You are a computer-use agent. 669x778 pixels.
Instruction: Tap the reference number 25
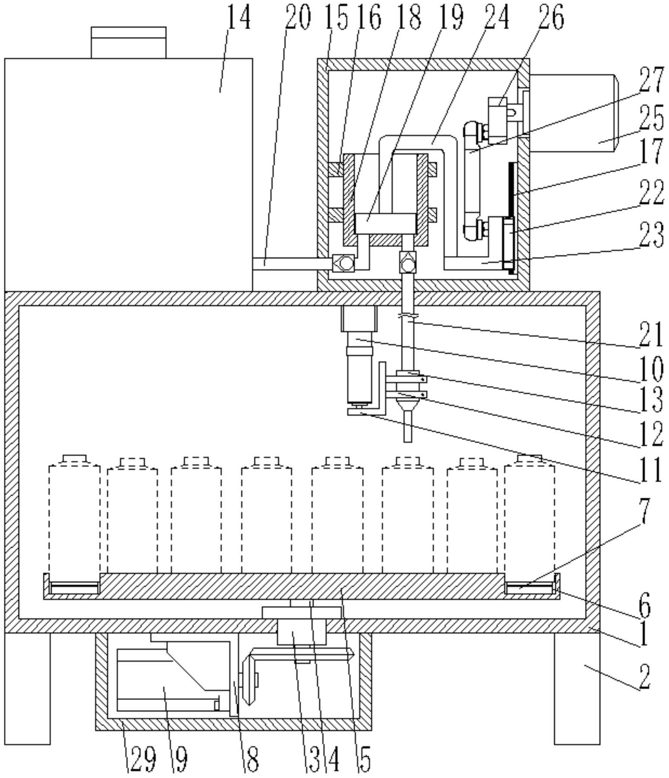[652, 118]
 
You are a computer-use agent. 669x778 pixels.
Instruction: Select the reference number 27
[651, 81]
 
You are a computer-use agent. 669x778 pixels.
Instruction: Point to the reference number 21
[651, 335]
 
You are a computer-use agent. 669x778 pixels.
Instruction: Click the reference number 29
[142, 760]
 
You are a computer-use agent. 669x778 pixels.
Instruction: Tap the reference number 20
[298, 19]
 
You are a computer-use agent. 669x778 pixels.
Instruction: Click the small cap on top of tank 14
[129, 42]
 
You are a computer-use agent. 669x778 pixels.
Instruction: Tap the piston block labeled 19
[385, 224]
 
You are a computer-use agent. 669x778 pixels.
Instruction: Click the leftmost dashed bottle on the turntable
[74, 520]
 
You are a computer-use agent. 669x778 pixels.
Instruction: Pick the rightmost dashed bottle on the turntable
[529, 520]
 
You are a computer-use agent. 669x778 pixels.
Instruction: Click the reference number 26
[552, 19]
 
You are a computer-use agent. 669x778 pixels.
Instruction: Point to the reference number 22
[651, 193]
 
